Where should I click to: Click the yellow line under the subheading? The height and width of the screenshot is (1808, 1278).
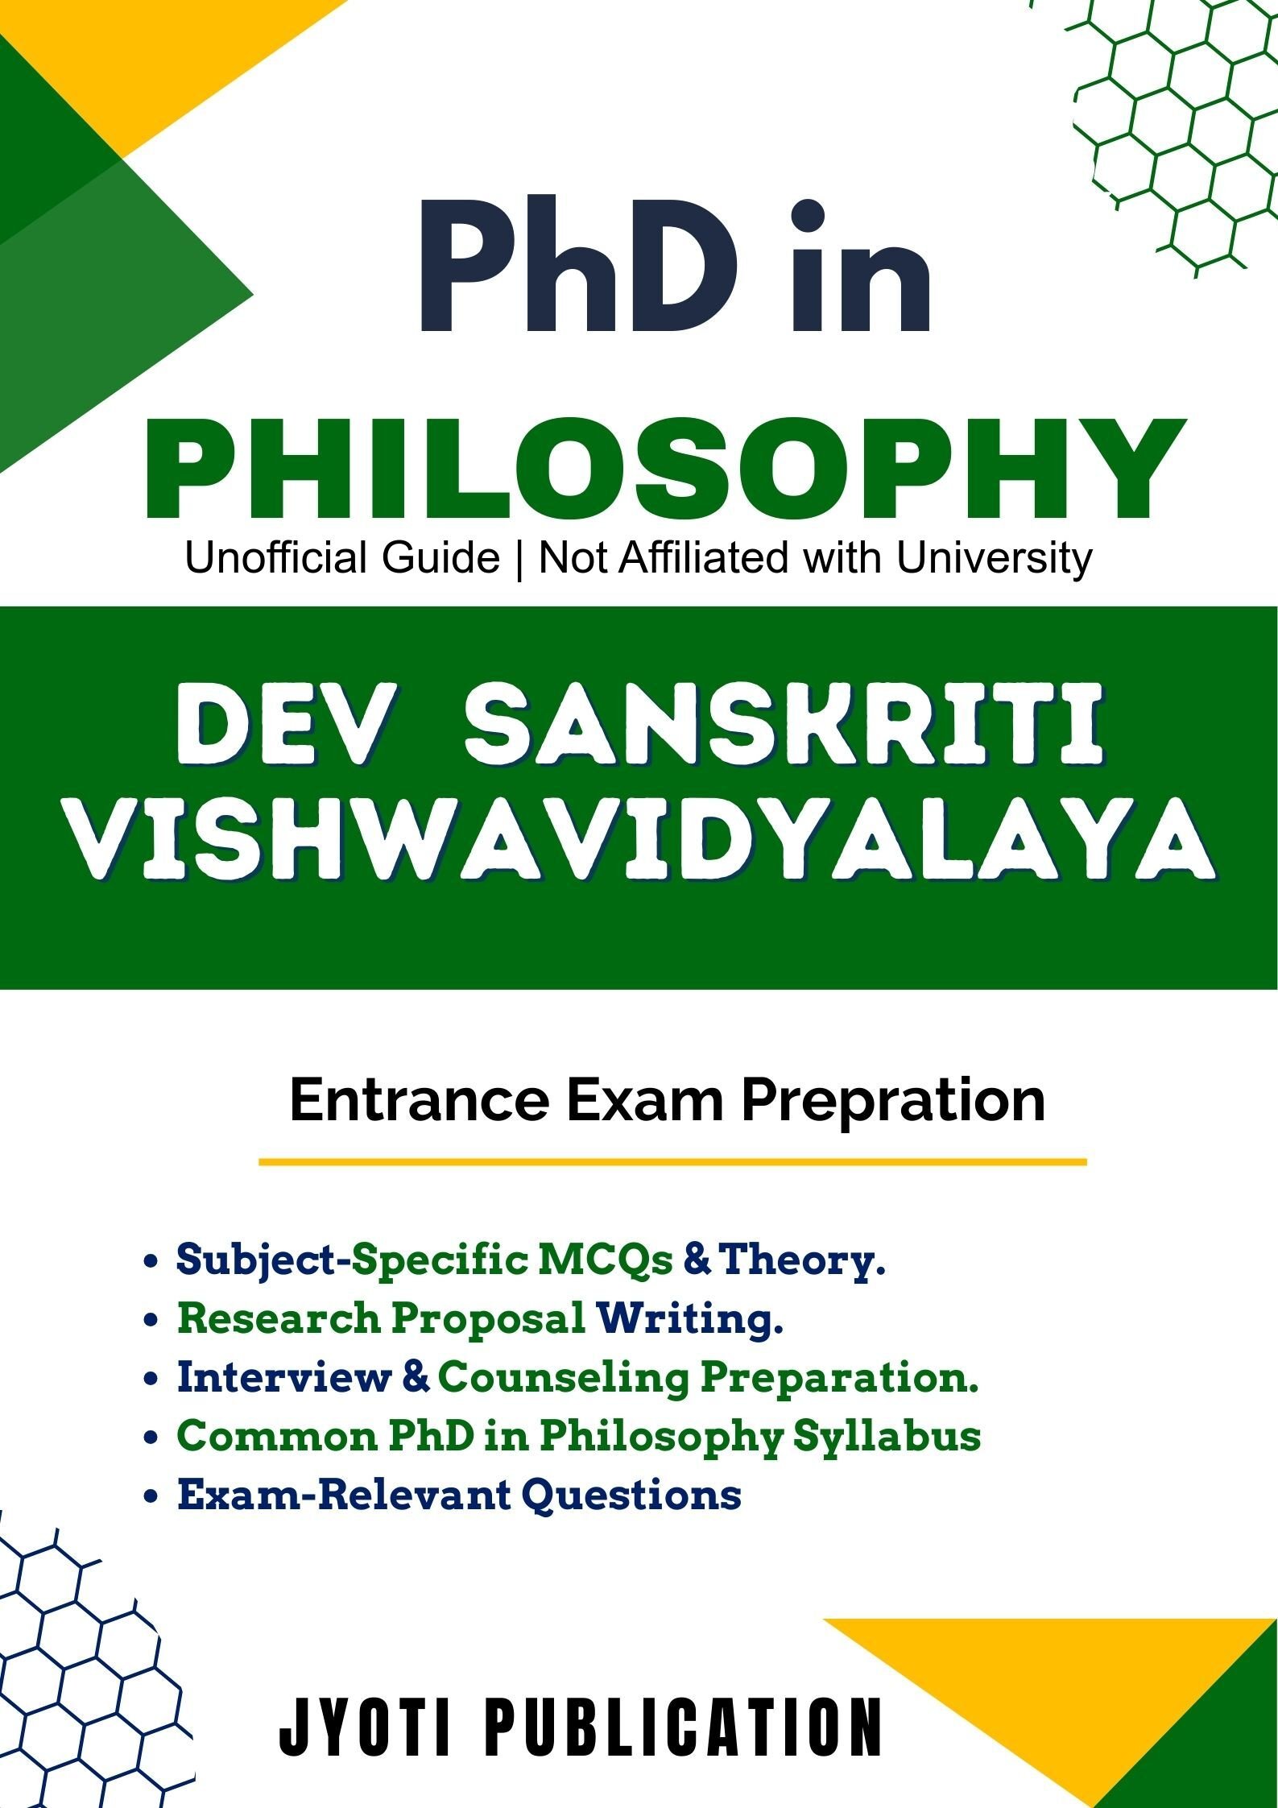click(x=672, y=1162)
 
